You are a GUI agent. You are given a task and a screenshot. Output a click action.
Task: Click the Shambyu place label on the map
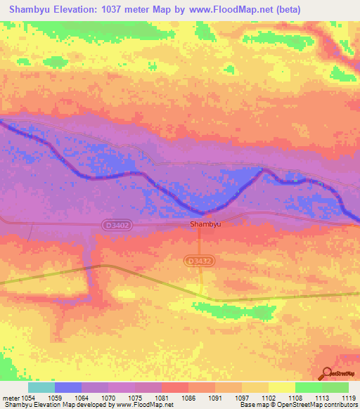coord(204,225)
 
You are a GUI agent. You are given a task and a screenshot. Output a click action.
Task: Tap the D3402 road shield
coord(116,225)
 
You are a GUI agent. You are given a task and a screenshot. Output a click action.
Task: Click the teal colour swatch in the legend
coord(41,387)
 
